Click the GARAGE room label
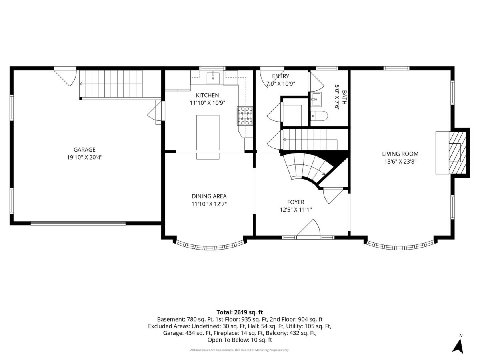click(x=84, y=150)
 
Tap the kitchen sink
click(x=213, y=78)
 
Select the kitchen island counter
click(x=208, y=137)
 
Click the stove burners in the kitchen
click(x=245, y=116)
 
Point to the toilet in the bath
click(x=319, y=116)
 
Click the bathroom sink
click(x=316, y=100)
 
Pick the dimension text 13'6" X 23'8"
click(x=400, y=162)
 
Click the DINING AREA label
click(x=209, y=196)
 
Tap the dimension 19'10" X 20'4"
click(x=85, y=157)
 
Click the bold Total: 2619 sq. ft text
click(x=240, y=312)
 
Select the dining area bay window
click(x=210, y=246)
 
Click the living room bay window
click(x=400, y=246)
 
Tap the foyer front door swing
click(x=308, y=228)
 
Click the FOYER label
click(x=296, y=202)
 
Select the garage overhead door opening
click(x=78, y=223)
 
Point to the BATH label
click(x=344, y=97)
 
